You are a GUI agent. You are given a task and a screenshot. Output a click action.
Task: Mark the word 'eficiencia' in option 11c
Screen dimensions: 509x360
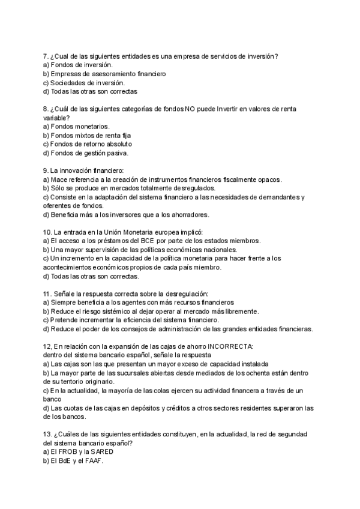pyautogui.click(x=131, y=320)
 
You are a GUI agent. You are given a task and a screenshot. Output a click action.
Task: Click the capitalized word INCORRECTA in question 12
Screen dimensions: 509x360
pyautogui.click(x=231, y=346)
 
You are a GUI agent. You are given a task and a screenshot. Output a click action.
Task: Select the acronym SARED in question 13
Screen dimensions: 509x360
pyautogui.click(x=103, y=452)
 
